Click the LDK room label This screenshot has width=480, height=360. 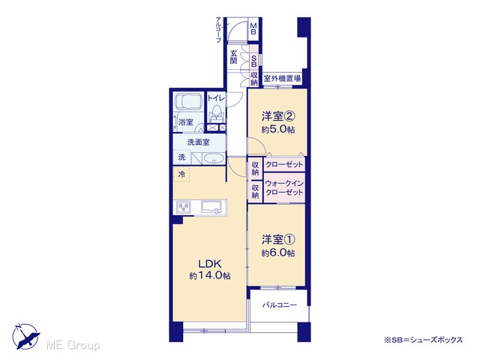click(x=210, y=263)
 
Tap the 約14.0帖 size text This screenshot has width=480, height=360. click(x=210, y=276)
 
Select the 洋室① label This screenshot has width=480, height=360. click(x=278, y=240)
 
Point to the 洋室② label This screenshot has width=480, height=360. click(x=278, y=116)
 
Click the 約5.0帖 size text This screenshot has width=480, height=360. click(x=278, y=130)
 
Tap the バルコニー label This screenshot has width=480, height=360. click(x=280, y=305)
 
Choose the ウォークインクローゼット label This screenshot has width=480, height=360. click(x=284, y=188)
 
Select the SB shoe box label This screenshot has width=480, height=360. click(x=253, y=61)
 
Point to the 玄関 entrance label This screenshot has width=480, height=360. click(x=234, y=57)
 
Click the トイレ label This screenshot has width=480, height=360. click(x=216, y=98)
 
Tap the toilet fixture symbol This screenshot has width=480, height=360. click(x=217, y=114)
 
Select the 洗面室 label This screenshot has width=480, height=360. click(x=198, y=142)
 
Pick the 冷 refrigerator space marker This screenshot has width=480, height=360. click(x=181, y=175)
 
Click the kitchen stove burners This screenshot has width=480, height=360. click(x=184, y=207)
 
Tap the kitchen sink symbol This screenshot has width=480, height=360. click(x=211, y=207)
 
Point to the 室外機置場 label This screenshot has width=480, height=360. click(x=282, y=79)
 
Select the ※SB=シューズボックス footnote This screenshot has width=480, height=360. click(x=423, y=340)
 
